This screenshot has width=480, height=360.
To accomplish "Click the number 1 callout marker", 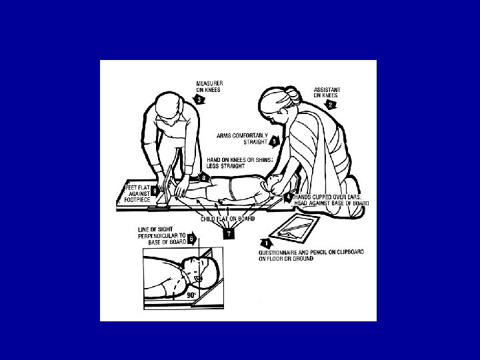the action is [x=267, y=244].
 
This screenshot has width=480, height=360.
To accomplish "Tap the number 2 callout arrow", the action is [x=330, y=105].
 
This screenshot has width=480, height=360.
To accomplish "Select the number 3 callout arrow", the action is [x=199, y=99].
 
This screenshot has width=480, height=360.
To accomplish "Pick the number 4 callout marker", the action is [x=289, y=197].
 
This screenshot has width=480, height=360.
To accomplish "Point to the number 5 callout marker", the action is [x=274, y=141].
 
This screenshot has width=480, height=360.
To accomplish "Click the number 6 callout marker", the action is [x=192, y=239].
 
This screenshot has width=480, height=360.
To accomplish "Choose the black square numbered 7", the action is [x=229, y=234].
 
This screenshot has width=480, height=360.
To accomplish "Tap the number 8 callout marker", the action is [x=204, y=177].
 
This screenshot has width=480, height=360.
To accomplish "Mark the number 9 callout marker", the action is [x=155, y=191].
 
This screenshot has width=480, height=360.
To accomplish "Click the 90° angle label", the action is [x=191, y=295].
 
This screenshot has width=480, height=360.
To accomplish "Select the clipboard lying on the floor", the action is [x=294, y=229].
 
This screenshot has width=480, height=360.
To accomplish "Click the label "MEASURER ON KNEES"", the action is [x=210, y=86].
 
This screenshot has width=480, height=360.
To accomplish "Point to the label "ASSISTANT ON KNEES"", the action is [x=327, y=93].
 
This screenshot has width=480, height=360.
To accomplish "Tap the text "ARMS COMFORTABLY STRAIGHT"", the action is [x=242, y=139].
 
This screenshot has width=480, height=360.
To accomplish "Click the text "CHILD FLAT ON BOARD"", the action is [x=227, y=219].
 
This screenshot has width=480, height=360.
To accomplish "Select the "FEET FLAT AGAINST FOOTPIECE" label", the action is [x=137, y=194].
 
